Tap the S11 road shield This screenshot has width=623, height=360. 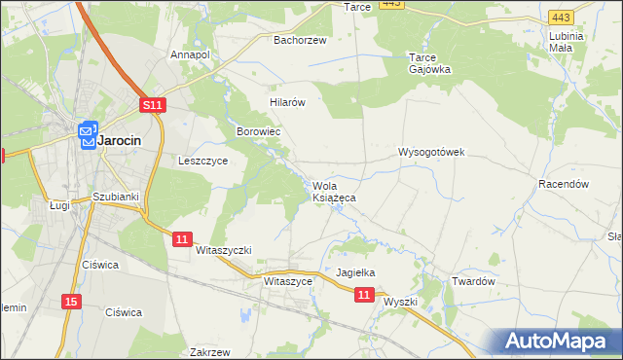(152, 104)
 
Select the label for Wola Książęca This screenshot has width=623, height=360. (334, 192)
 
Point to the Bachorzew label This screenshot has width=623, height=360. (299, 40)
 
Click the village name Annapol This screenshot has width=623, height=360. (190, 54)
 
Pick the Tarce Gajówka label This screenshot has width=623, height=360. (427, 63)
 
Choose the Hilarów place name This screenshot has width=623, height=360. (288, 101)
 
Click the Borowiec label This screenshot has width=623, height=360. (259, 129)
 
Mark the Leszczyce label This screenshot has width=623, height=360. (203, 162)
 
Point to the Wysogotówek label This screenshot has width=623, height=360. (432, 153)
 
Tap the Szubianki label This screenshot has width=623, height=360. (116, 197)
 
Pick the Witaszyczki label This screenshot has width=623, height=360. (224, 250)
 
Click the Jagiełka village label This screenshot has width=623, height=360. (355, 273)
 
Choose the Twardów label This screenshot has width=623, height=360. (474, 281)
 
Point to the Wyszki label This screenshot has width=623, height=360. (400, 302)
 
